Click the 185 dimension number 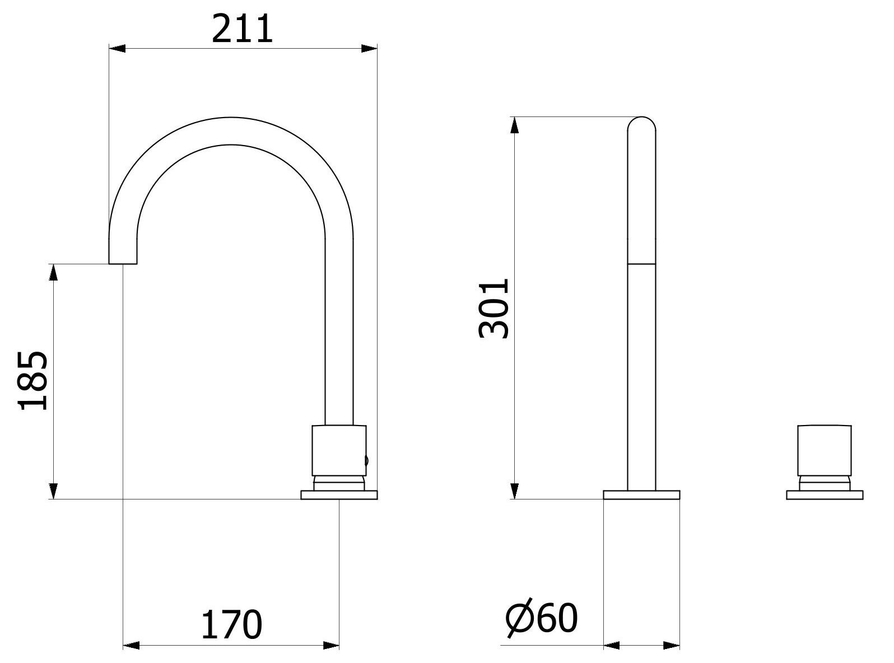click(x=32, y=381)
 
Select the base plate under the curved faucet click(x=339, y=495)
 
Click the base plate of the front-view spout click(x=641, y=495)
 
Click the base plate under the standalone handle click(x=825, y=495)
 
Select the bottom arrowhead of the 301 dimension click(x=515, y=491)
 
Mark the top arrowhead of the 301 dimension click(x=515, y=125)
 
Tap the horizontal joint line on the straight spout click(x=641, y=263)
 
